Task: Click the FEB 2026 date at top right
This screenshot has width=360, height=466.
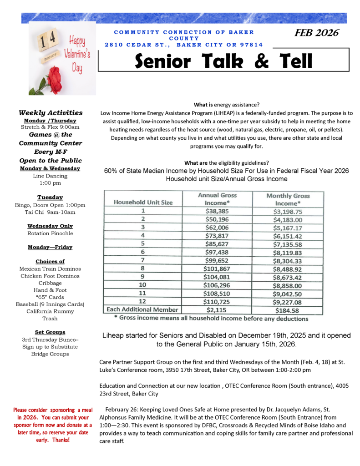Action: [316, 33]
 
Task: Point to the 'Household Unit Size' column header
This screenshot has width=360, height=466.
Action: [143, 202]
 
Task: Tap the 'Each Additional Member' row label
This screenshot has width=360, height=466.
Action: [143, 309]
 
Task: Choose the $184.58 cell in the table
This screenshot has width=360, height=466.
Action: [288, 309]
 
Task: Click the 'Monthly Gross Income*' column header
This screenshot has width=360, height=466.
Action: [288, 199]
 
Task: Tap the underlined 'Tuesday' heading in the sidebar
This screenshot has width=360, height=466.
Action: [50, 198]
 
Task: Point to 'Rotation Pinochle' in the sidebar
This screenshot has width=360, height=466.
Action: [50, 233]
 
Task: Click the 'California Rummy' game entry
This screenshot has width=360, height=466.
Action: [50, 311]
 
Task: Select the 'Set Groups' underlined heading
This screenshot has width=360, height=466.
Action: [50, 332]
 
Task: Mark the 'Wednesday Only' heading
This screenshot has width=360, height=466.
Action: [50, 226]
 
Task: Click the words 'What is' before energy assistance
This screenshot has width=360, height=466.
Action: [203, 104]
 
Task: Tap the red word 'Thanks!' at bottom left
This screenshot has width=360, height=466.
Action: [61, 440]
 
